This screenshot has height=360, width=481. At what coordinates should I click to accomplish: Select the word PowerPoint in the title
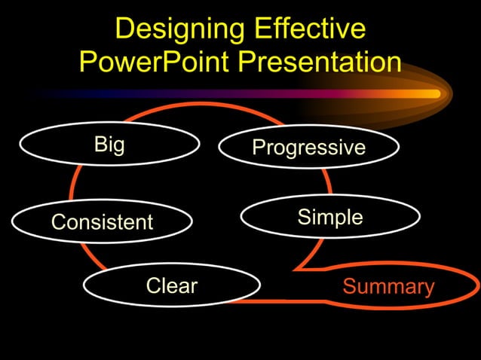tap(155, 62)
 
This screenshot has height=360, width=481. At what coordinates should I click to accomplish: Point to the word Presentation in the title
tap(320, 62)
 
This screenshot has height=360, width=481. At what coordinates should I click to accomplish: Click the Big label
tap(109, 145)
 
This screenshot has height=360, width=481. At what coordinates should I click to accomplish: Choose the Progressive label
tap(308, 148)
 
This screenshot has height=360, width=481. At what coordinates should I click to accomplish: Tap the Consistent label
tap(102, 222)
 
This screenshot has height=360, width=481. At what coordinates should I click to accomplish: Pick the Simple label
tap(330, 218)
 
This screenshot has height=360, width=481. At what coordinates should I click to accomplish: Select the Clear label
tap(171, 286)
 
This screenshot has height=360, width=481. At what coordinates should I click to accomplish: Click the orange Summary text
tap(388, 287)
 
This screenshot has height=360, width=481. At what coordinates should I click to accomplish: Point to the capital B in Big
tap(100, 145)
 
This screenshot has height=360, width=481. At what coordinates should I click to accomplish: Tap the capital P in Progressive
tap(258, 148)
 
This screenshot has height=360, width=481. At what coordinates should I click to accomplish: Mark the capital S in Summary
tap(349, 287)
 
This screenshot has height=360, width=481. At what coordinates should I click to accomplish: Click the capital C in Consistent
tap(57, 222)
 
